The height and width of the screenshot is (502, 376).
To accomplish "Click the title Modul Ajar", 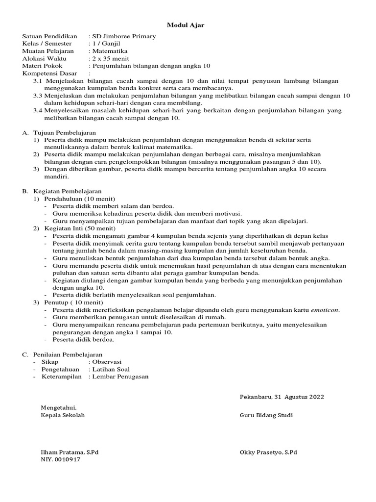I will (x=186, y=25).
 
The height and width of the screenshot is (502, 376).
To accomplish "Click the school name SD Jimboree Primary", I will (x=124, y=36).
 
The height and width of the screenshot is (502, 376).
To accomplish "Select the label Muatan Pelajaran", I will (x=48, y=50).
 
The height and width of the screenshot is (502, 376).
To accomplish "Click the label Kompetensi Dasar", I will (x=50, y=73).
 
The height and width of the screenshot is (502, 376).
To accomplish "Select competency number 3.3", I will (x=38, y=96).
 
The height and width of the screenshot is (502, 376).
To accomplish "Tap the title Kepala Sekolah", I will (x=63, y=415).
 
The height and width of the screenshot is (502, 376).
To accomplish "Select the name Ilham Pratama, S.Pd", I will (x=70, y=452).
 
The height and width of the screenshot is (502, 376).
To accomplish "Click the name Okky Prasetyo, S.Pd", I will (x=268, y=452).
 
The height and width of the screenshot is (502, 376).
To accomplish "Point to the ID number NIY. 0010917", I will (x=61, y=460).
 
